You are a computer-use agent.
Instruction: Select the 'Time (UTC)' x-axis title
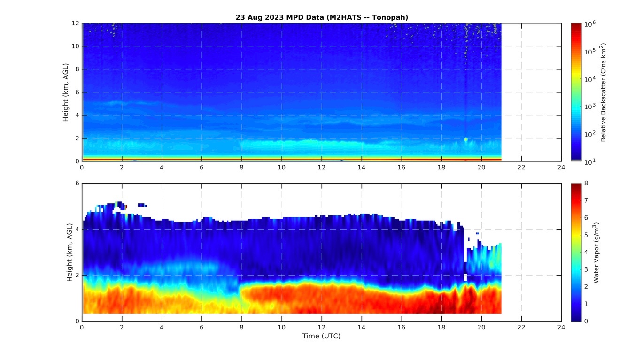[x=322, y=336]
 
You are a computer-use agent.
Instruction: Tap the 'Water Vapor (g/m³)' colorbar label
[x=596, y=252]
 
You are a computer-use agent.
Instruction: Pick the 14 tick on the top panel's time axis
[x=362, y=168]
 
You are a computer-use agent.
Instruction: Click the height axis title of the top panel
[x=66, y=92]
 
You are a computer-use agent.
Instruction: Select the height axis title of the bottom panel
[x=69, y=252]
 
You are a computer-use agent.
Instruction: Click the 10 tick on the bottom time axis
[x=282, y=327]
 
